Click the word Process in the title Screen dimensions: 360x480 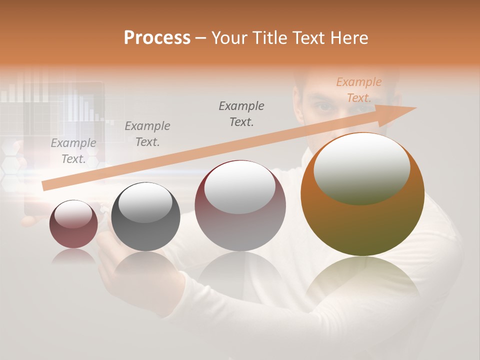157,38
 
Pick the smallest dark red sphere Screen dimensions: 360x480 73,224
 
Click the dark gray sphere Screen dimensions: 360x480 145,216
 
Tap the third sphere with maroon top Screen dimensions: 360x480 240,205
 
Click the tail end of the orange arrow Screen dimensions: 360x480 44,186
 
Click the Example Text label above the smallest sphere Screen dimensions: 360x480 73,151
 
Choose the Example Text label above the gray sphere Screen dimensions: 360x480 147,134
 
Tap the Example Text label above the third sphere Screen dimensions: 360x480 241,114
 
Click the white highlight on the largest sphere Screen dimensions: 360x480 361,167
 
